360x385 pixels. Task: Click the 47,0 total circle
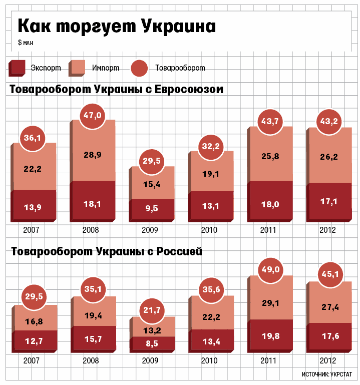[92, 116]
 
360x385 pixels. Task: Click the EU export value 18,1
[92, 203]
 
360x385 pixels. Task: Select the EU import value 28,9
[92, 155]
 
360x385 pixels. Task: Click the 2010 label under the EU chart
[210, 230]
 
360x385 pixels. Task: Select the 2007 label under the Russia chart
[31, 360]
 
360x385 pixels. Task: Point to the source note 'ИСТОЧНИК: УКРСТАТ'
[327, 374]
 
